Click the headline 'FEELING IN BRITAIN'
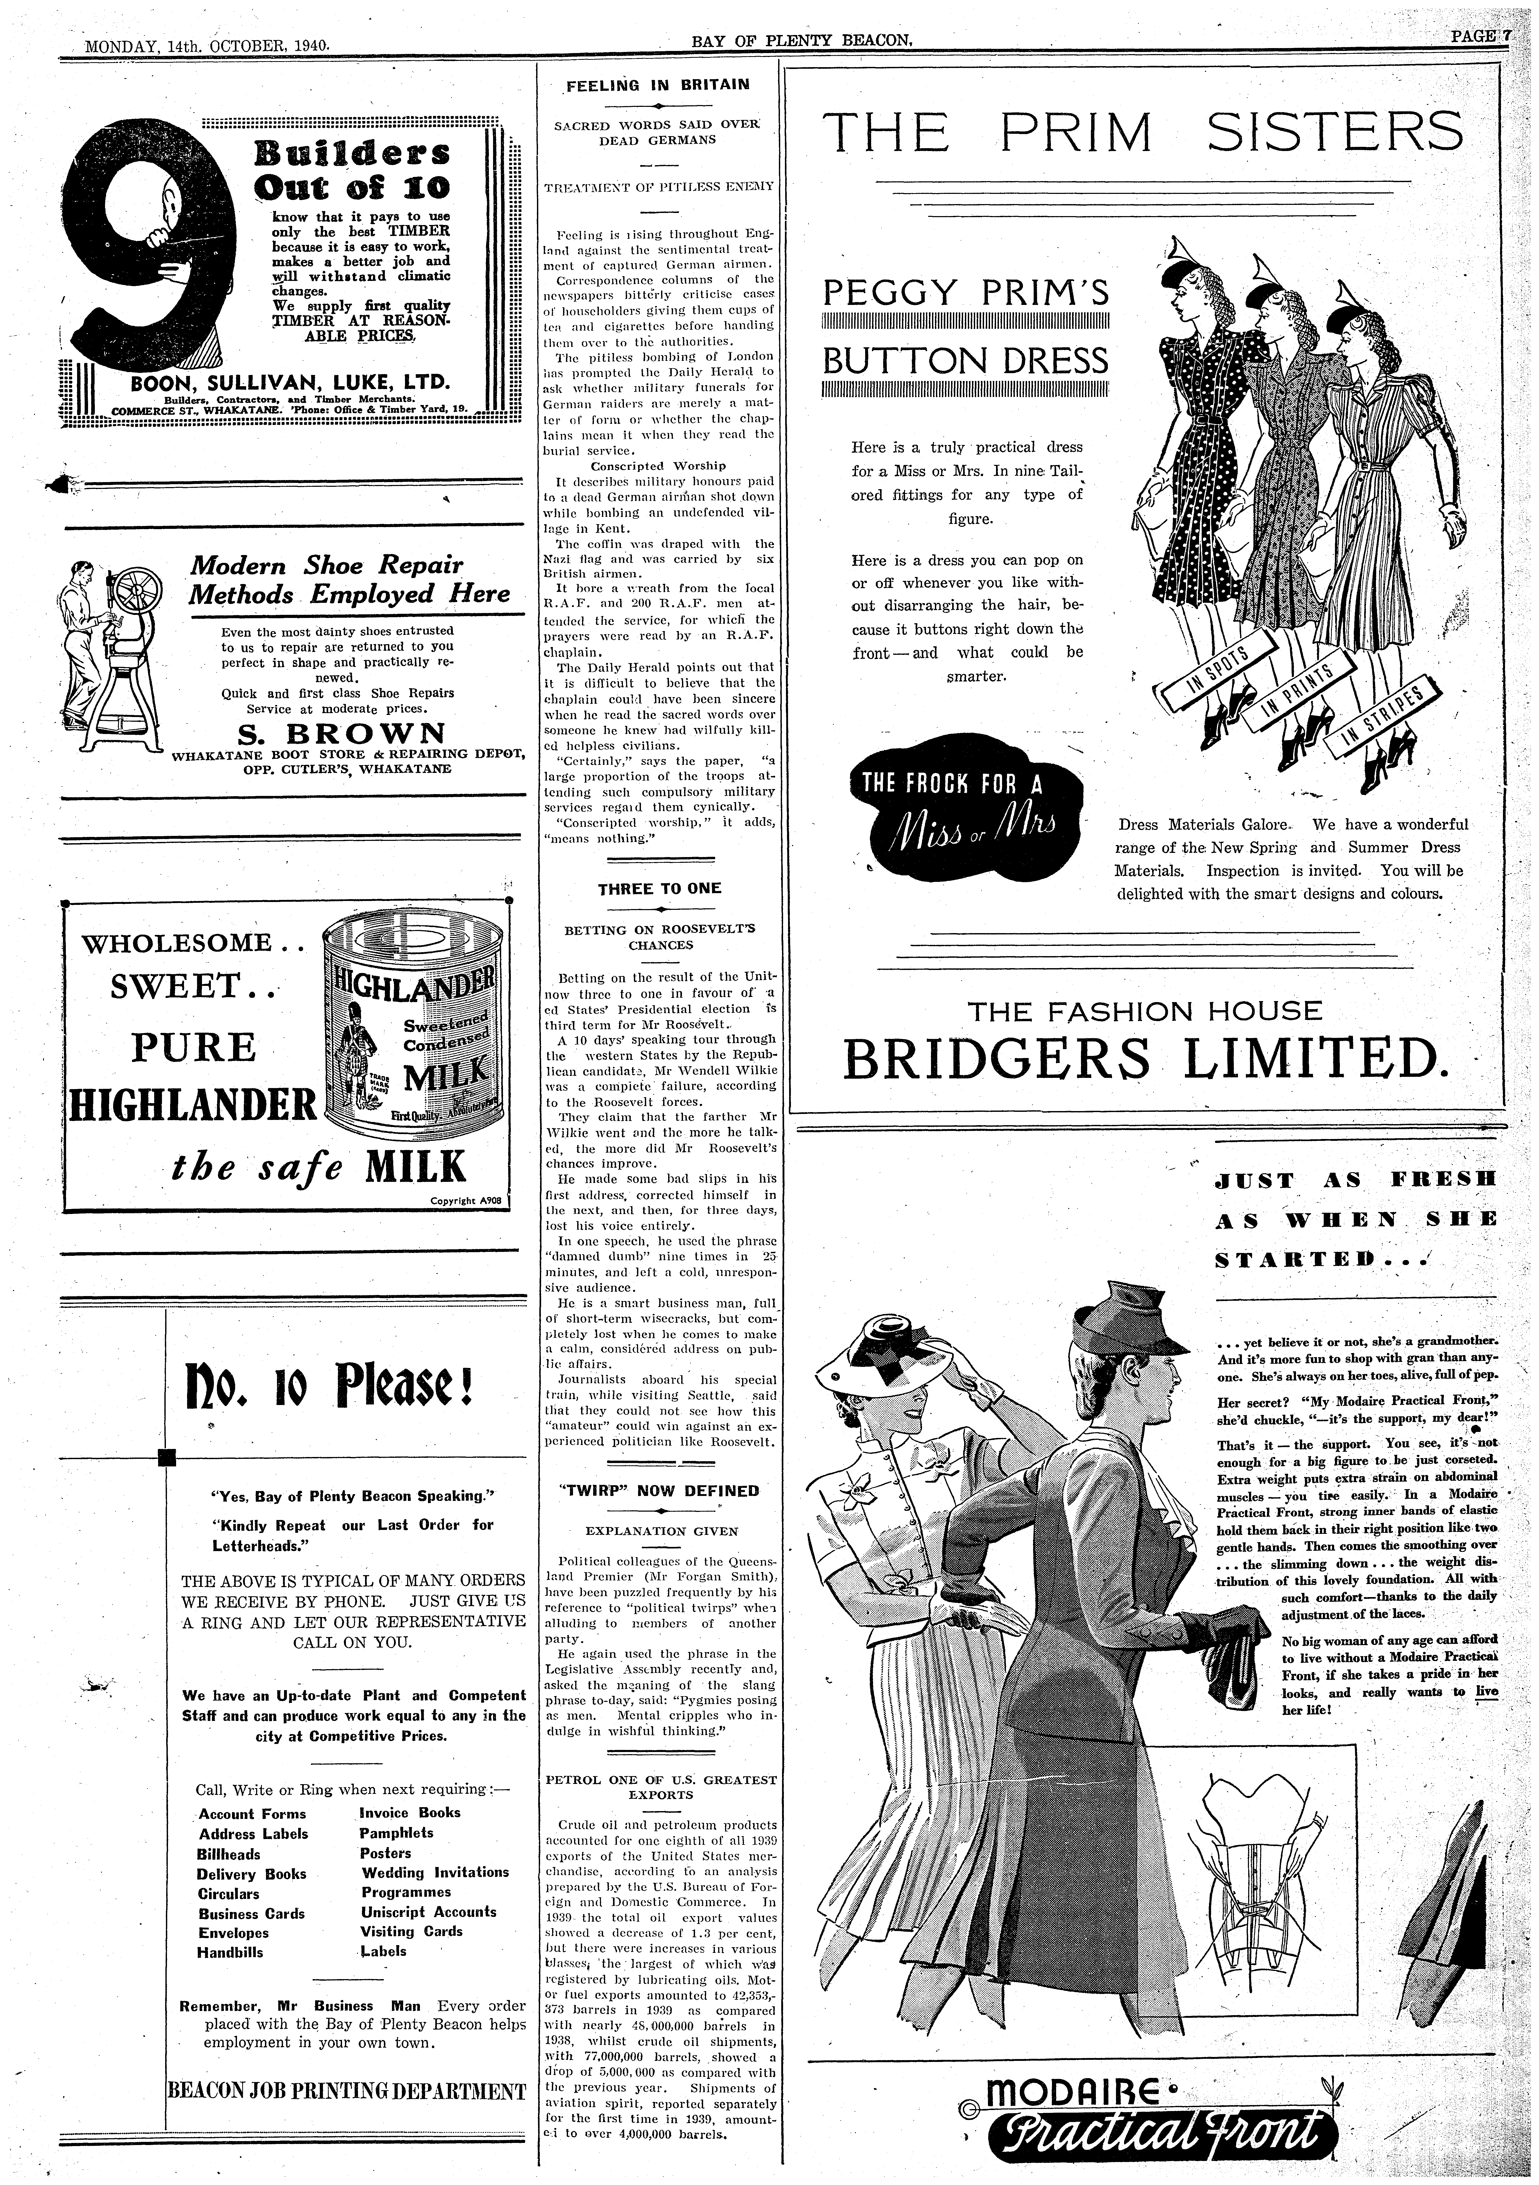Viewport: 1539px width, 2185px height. (x=659, y=85)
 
